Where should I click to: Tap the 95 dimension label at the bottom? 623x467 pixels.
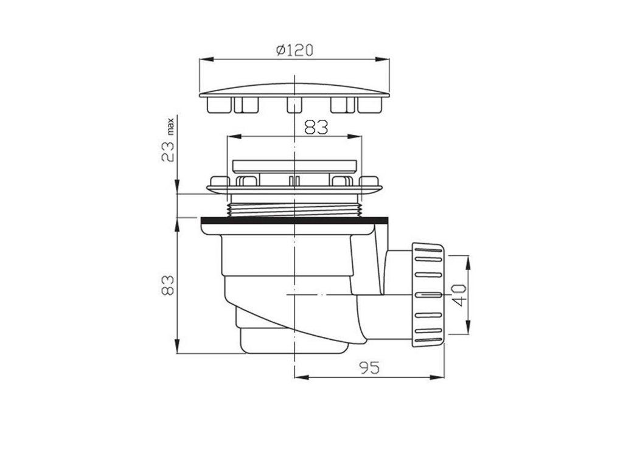(370, 368)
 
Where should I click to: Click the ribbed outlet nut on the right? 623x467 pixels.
(428, 295)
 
